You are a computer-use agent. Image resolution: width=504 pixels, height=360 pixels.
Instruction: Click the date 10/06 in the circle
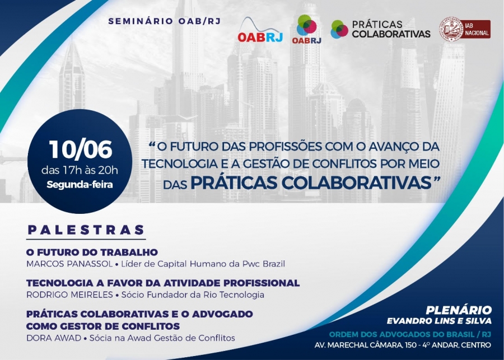point(80,149)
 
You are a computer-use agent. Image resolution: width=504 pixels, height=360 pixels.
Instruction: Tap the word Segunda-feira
point(80,185)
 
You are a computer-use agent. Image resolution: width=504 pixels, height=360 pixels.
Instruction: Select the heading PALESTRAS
point(86,230)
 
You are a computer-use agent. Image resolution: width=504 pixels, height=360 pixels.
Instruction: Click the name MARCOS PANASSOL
point(69,264)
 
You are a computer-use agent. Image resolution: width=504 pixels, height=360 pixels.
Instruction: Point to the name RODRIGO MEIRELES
point(70,294)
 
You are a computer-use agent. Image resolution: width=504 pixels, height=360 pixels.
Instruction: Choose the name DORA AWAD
point(54,338)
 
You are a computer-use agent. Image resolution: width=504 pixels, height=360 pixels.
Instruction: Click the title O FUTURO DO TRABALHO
point(92,253)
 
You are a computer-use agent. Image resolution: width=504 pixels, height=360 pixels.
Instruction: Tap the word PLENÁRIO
point(459,310)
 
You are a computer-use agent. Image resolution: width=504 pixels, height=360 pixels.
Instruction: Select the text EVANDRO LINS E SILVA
point(439,321)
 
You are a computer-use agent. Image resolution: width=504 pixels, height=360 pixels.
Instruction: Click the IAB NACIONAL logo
point(465,29)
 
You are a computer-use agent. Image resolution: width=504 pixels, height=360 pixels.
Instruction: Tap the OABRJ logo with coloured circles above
point(307,29)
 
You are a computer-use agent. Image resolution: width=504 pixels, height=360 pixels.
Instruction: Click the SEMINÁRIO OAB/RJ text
point(165,21)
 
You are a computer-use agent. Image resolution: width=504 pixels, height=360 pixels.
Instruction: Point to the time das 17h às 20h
point(80,170)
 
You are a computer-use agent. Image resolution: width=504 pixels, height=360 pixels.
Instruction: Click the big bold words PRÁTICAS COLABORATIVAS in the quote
point(311,183)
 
